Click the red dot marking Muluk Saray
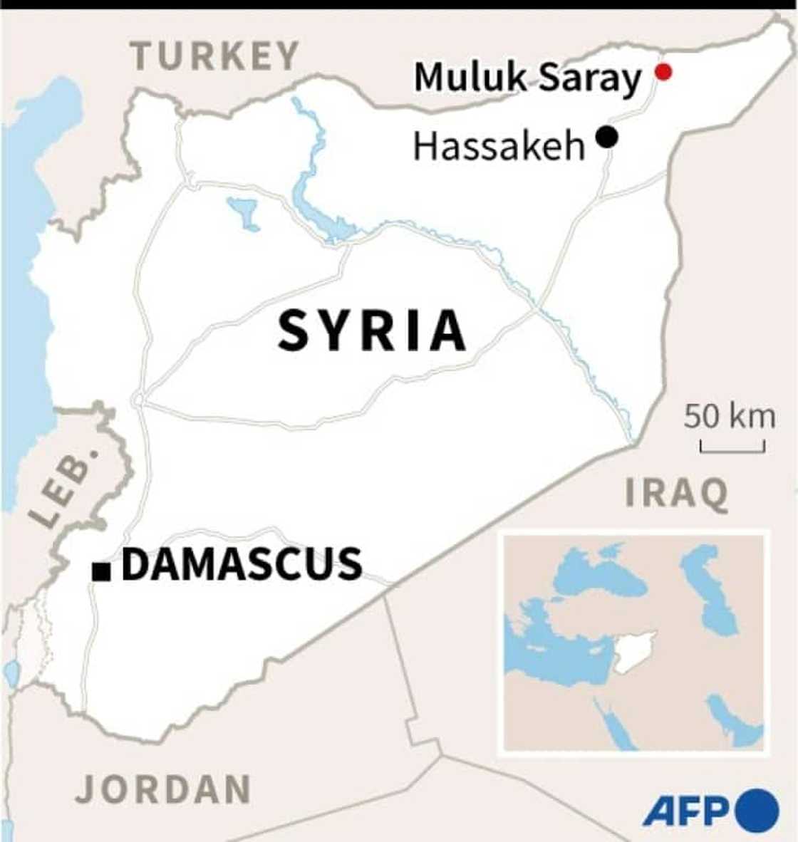tap(663, 71)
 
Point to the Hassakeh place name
tap(499, 146)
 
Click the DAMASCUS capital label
tap(242, 564)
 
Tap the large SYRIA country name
tap(372, 331)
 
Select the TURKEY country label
tap(214, 56)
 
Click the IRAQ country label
tap(677, 494)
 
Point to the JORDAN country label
tap(163, 789)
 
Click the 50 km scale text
tap(730, 415)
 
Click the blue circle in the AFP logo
tap(757, 811)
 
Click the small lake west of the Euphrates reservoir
tap(244, 212)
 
